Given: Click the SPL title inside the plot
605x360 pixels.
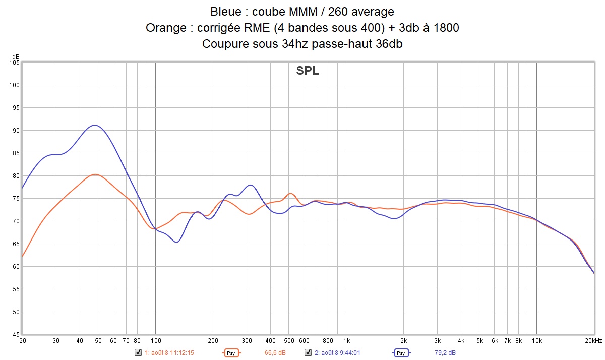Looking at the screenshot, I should (308, 71).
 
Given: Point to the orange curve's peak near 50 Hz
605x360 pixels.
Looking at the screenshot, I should (95, 174).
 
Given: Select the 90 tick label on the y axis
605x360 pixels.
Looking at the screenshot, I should (15, 131).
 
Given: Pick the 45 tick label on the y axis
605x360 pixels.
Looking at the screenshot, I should (15, 335).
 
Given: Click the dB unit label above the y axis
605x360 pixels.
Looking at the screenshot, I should (16, 56).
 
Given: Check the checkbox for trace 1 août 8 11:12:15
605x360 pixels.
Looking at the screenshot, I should (138, 353).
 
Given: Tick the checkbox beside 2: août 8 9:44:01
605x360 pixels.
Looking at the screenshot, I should (307, 353).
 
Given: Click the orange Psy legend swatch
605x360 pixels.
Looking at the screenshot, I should (231, 353).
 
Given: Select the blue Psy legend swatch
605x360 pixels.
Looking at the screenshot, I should (401, 353).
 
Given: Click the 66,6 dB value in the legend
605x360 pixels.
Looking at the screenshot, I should (275, 353).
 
